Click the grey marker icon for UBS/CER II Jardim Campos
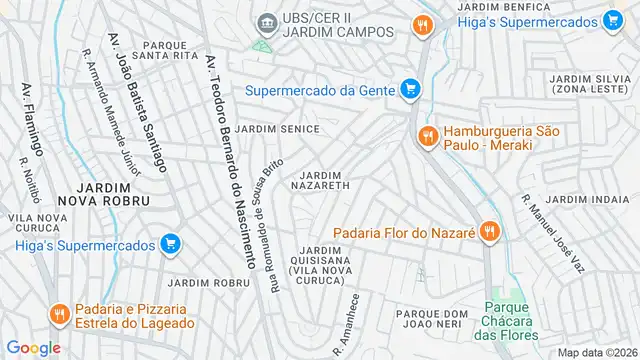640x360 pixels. click(266, 22)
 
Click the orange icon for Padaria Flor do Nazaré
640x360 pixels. click(489, 233)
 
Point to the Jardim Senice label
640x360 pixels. click(278, 129)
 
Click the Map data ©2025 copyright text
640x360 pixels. click(597, 352)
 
